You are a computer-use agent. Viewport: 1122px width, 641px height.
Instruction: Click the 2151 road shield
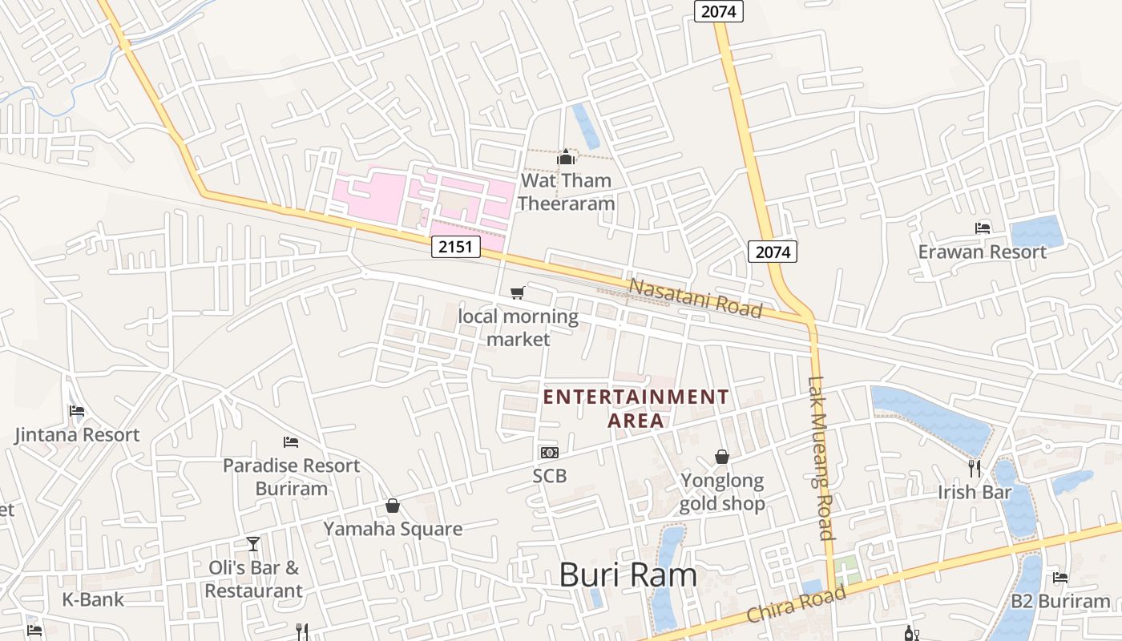[x=455, y=247]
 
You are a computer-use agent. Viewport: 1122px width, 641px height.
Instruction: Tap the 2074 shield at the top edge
[x=718, y=11]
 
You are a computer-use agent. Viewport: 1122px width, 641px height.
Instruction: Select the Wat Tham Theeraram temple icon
[x=566, y=157]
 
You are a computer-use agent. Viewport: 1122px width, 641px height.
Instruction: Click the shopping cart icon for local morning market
[x=518, y=293]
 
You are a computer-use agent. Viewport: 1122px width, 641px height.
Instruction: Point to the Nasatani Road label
[x=694, y=297]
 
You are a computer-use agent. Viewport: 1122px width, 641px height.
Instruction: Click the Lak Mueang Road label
[x=821, y=458]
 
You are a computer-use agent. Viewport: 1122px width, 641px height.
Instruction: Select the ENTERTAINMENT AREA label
[x=636, y=408]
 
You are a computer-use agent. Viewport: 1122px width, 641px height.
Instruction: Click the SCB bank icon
[x=549, y=453]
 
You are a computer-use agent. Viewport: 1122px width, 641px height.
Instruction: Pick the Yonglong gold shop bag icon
[x=722, y=457]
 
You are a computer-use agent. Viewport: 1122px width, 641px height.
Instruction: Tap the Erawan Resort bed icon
[x=983, y=228]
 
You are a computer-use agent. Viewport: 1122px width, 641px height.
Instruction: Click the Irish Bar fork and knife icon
[x=975, y=468]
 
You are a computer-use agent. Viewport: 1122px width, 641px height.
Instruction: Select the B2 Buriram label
[x=1060, y=601]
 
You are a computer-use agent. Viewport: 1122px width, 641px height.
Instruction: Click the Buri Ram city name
[x=628, y=574]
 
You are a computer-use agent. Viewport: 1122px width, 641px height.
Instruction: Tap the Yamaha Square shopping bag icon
[x=393, y=506]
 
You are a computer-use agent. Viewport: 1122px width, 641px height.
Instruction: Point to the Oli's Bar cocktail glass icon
[x=253, y=544]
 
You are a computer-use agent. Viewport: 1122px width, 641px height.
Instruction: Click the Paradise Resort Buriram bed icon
[x=291, y=442]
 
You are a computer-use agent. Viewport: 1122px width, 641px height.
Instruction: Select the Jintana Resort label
[x=77, y=435]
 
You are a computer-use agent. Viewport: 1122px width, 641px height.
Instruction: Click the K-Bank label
[x=93, y=599]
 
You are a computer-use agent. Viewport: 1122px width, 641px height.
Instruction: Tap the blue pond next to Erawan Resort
[x=1036, y=232]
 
